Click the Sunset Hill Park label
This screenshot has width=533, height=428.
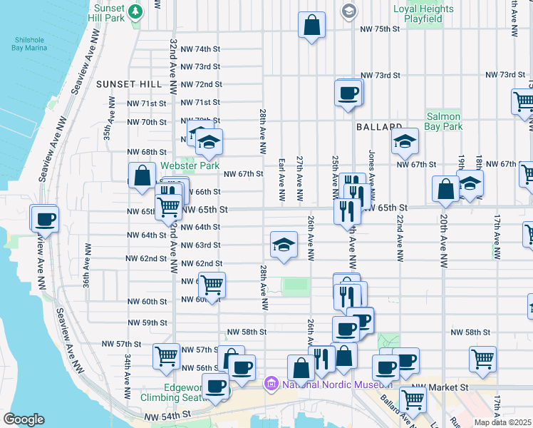coord(108,12)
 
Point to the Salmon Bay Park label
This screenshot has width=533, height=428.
coord(443,121)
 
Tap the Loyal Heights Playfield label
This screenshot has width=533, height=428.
coord(423,14)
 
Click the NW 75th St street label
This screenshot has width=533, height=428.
coord(381,29)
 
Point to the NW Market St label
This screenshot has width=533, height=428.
coord(449,387)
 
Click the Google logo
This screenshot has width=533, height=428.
coord(24,419)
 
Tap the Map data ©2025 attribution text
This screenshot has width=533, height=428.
coord(502,422)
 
